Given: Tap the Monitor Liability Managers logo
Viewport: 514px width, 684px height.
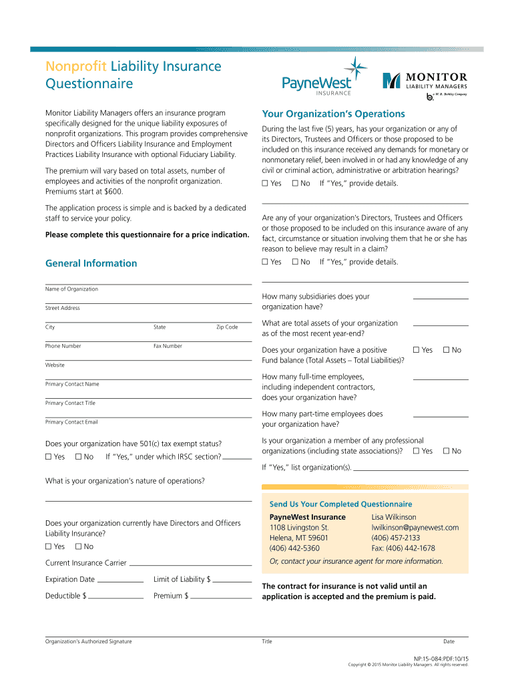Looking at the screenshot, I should (x=425, y=83).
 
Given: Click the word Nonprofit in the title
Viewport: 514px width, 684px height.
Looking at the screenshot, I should (x=76, y=66).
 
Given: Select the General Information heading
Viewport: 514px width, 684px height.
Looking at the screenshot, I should (x=91, y=263).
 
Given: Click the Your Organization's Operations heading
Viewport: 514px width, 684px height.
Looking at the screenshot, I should (x=333, y=114).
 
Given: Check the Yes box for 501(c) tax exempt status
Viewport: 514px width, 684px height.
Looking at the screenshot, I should (x=48, y=457).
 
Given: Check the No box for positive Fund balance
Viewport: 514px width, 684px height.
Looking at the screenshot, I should (x=447, y=350).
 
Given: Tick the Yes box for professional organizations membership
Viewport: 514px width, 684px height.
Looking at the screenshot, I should (x=417, y=452).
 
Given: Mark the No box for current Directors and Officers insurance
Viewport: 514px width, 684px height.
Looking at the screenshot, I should (x=78, y=547).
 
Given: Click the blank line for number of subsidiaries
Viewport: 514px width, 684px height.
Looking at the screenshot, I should (x=441, y=297).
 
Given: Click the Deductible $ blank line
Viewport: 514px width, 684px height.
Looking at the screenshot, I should (x=116, y=596).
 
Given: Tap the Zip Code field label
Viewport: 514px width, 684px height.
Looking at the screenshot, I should (x=227, y=327).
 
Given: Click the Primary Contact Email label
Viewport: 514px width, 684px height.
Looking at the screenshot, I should (x=71, y=422).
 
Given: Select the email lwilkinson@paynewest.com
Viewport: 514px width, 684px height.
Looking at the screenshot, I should (x=415, y=528).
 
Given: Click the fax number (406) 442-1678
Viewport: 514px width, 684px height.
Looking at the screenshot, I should (x=403, y=548).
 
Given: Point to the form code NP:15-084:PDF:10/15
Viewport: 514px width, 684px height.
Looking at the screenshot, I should (x=441, y=658).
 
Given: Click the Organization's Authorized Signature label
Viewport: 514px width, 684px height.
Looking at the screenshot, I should (x=88, y=642).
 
